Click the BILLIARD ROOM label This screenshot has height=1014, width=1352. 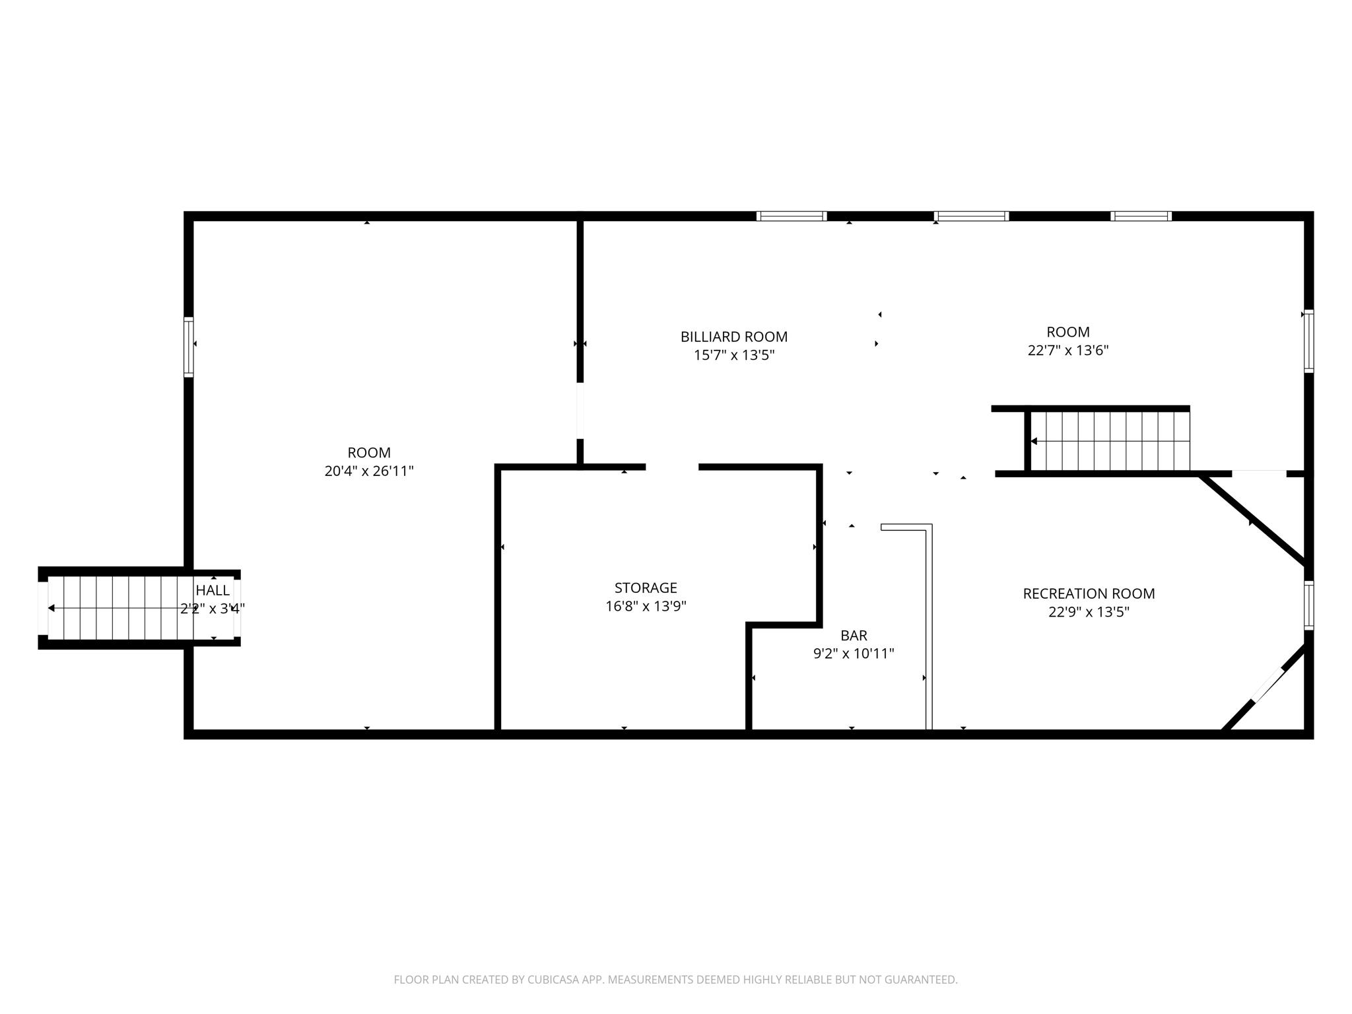[733, 337]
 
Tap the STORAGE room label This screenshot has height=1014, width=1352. [646, 588]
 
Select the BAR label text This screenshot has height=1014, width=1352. [854, 636]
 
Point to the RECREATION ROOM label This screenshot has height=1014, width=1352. [1089, 593]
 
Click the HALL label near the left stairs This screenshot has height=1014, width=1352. [213, 590]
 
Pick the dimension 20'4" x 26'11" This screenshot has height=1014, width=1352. [369, 471]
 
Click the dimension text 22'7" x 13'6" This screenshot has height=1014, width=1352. [1067, 351]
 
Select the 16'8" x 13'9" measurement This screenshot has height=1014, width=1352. [646, 606]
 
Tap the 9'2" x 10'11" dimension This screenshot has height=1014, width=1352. [854, 654]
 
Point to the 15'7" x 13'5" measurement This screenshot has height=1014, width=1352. [733, 355]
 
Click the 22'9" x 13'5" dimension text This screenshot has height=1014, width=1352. [1089, 612]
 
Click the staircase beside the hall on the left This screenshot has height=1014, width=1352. [139, 608]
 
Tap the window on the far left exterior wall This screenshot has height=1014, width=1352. [189, 347]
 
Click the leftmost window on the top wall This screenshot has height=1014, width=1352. [792, 216]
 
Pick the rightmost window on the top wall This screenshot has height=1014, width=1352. [1141, 216]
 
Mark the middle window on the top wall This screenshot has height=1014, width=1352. [972, 216]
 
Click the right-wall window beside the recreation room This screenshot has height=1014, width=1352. [1308, 605]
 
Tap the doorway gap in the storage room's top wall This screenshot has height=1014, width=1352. [672, 467]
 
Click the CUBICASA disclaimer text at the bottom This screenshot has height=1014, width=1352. [675, 980]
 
